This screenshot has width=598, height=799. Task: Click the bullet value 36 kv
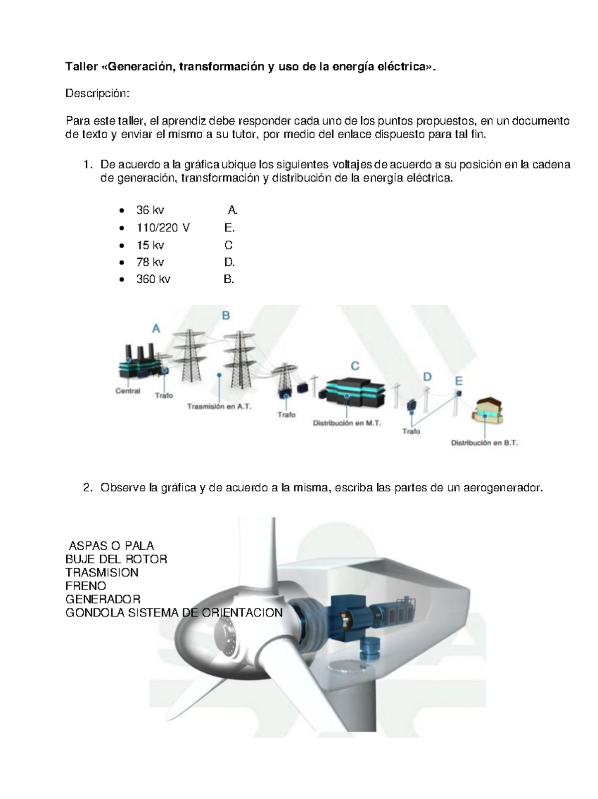point(150,210)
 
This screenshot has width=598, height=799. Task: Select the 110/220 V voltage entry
point(163,228)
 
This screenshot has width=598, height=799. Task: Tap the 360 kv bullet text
point(153,279)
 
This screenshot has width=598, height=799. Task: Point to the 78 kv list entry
point(150,262)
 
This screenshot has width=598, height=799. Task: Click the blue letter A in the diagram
point(156,329)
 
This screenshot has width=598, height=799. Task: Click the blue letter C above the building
point(355,367)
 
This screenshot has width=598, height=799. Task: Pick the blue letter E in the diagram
point(458,382)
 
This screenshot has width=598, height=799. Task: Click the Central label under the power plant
point(128,391)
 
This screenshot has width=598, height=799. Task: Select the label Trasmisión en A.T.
point(219,406)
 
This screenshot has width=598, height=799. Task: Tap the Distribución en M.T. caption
point(347,423)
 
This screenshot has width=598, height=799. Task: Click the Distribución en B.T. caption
point(484,442)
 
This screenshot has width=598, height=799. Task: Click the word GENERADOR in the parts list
point(103,599)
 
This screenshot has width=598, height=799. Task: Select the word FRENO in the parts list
point(86,586)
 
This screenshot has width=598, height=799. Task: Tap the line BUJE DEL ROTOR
point(116,559)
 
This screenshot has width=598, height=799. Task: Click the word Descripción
point(98,93)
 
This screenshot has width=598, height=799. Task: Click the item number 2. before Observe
point(88,488)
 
